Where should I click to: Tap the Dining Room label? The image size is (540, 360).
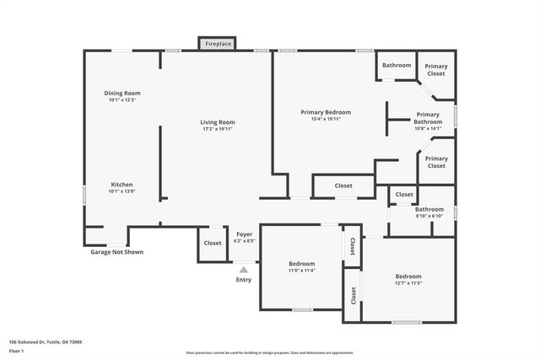(122, 93)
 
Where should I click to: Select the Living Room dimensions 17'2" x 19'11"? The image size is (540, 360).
(217, 129)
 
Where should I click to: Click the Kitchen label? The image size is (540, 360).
(122, 185)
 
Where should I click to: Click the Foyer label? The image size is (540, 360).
(245, 234)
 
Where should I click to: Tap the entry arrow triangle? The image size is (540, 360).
(244, 270)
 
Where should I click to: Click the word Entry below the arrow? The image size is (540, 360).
(244, 280)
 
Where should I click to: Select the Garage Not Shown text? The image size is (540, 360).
(117, 252)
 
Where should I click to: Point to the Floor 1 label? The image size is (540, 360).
(17, 351)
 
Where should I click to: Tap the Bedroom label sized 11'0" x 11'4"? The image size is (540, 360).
(301, 264)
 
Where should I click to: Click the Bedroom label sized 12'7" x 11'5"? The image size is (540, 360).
(408, 277)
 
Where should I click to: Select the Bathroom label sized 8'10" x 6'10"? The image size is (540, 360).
(429, 209)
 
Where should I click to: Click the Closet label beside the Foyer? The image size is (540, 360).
(213, 243)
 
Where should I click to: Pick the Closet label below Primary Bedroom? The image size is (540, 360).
(343, 185)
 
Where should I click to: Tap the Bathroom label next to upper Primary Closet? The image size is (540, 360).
(397, 66)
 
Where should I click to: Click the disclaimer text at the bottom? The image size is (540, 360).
(270, 353)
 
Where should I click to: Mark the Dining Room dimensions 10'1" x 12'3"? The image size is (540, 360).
(122, 100)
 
